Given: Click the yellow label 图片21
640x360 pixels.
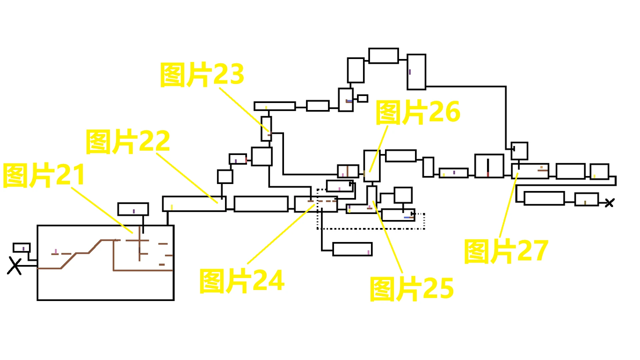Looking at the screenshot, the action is pos(44,175).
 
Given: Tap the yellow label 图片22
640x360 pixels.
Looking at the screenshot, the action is pos(128,142).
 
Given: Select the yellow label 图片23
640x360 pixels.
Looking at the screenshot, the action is pos(202,75).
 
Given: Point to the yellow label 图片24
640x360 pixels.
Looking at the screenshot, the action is pos(241,281).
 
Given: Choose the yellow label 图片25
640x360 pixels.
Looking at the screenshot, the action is pos(411,289).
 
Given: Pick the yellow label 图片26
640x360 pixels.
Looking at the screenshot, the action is pos(418,112).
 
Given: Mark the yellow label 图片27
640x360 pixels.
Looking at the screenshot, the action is pos(506,251).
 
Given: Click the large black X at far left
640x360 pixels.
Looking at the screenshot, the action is pos(14,266).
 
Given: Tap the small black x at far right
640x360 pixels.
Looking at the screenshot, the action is pos(609,203).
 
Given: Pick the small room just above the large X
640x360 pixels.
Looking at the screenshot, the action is pos(21,247).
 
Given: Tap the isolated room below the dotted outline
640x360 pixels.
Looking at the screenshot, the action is pos(353,249).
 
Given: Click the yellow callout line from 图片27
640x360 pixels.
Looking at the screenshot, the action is pos(509,205).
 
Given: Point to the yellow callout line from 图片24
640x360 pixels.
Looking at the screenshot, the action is pos(281,234).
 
